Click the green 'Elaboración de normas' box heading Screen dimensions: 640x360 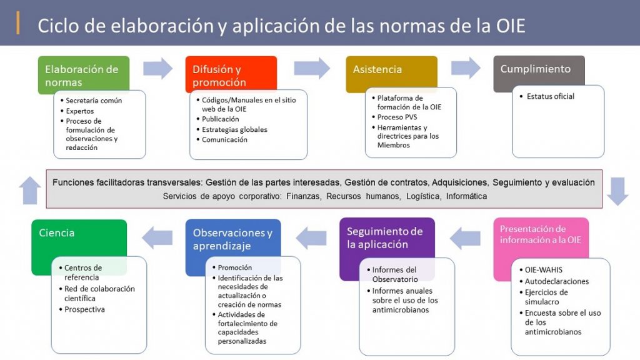[x=82, y=76]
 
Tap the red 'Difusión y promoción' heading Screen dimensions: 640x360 [x=219, y=76]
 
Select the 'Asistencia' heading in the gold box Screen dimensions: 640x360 [x=377, y=69]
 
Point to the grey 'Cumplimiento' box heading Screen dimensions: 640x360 [x=536, y=69]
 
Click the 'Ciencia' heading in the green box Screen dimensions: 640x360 [x=57, y=232]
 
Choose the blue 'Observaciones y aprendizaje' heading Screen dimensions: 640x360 [x=232, y=239]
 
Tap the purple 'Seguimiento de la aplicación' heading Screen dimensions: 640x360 [x=384, y=237]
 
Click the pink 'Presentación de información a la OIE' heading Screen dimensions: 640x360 [x=541, y=234]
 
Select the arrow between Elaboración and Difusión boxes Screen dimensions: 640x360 [x=158, y=68]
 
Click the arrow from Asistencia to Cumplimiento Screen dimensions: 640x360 [x=466, y=68]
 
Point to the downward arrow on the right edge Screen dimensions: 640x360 [x=617, y=191]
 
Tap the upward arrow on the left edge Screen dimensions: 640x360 [x=30, y=190]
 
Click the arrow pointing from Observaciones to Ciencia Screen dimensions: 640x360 [x=157, y=238]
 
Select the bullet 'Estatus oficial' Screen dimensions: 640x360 [x=550, y=96]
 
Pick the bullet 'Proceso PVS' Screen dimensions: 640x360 [x=397, y=117]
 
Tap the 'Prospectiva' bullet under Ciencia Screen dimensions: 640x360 [x=84, y=309]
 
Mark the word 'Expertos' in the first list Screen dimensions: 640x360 [x=80, y=111]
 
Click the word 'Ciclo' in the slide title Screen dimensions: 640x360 [x=57, y=25]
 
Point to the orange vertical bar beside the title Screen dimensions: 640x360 [x=18, y=23]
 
